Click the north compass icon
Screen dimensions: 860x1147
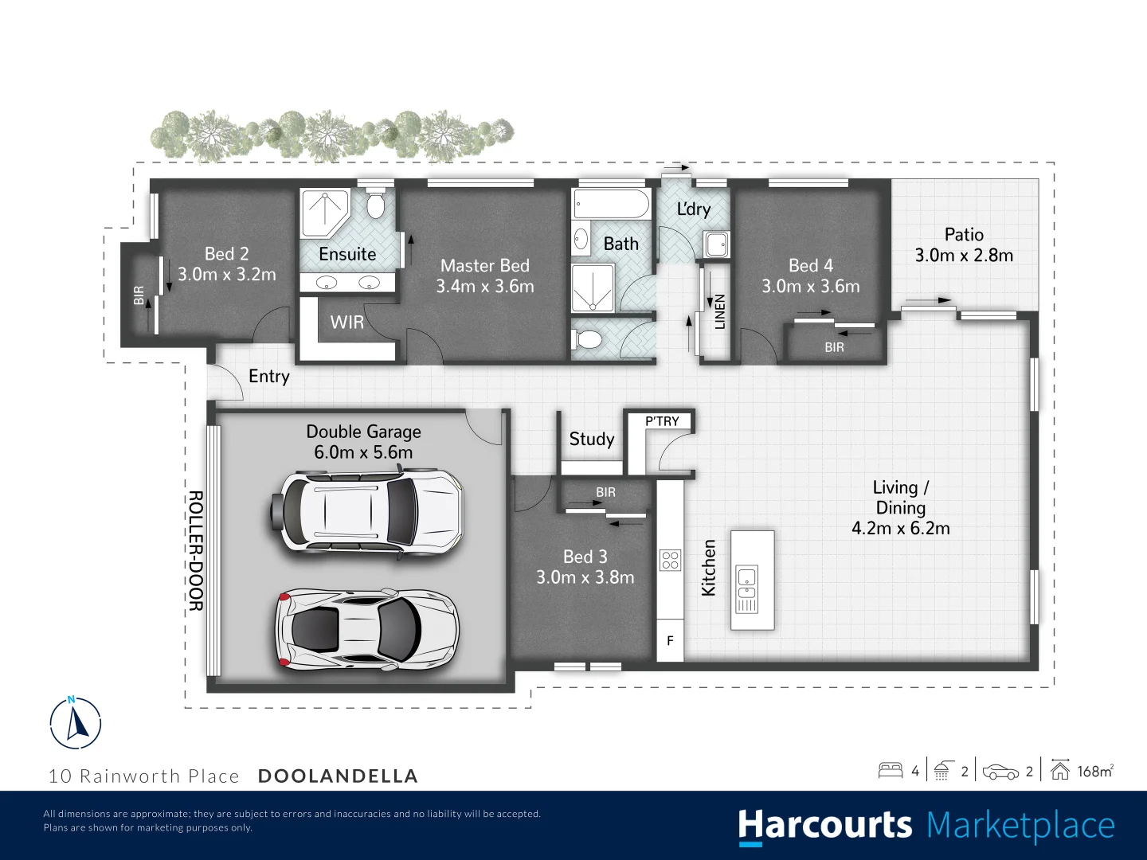click(x=76, y=723)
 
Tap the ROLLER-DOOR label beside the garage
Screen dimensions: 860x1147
click(x=195, y=550)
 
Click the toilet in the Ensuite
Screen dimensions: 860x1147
click(x=375, y=203)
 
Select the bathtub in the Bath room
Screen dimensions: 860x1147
click(x=612, y=204)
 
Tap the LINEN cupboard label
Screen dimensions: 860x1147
click(x=720, y=311)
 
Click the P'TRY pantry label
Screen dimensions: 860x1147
click(x=662, y=421)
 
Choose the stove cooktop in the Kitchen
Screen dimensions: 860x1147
click(x=670, y=561)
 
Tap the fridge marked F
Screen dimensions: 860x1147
click(x=670, y=640)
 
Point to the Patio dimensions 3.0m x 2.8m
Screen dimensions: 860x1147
click(x=964, y=256)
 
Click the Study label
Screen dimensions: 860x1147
click(x=592, y=440)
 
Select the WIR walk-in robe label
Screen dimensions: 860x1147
click(x=347, y=322)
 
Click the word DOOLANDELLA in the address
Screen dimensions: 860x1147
click(x=338, y=776)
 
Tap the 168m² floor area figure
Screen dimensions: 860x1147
click(x=1095, y=771)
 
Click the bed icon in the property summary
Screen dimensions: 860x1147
click(x=891, y=770)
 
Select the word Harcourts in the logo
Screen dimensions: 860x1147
click(x=824, y=826)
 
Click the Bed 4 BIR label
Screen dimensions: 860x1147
click(x=834, y=348)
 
